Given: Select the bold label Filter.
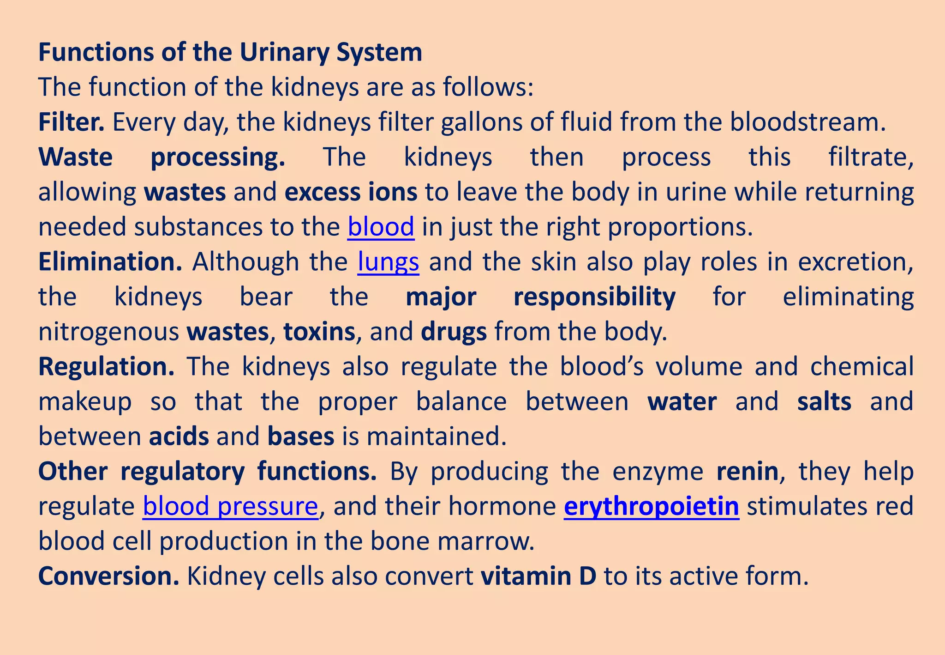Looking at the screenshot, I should point(71,122).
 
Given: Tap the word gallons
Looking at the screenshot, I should point(481,122).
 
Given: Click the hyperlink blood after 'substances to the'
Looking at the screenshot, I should point(381,227).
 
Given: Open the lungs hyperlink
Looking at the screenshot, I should point(388,262).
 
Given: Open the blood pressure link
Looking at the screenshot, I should point(230,506).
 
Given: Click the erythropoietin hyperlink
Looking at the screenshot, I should point(651,506).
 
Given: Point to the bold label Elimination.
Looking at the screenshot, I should point(110,262).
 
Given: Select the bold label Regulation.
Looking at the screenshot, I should point(106,367).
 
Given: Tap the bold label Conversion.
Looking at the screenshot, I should point(108,576).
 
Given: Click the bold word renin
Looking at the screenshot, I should point(747,471).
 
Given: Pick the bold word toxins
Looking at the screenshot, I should point(319,332).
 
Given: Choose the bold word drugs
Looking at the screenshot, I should point(454,332).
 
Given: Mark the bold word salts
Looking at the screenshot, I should point(824,401).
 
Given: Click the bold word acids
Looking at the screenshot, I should point(179,437).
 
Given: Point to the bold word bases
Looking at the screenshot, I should point(300,437).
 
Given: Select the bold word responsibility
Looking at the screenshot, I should point(594,297).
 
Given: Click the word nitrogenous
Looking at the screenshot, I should point(108,332).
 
